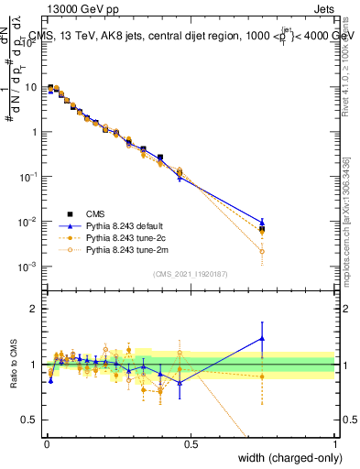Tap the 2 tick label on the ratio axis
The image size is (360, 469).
[35, 309]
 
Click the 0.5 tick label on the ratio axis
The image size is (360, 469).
[30, 420]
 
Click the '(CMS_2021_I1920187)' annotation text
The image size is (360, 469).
[190, 274]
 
